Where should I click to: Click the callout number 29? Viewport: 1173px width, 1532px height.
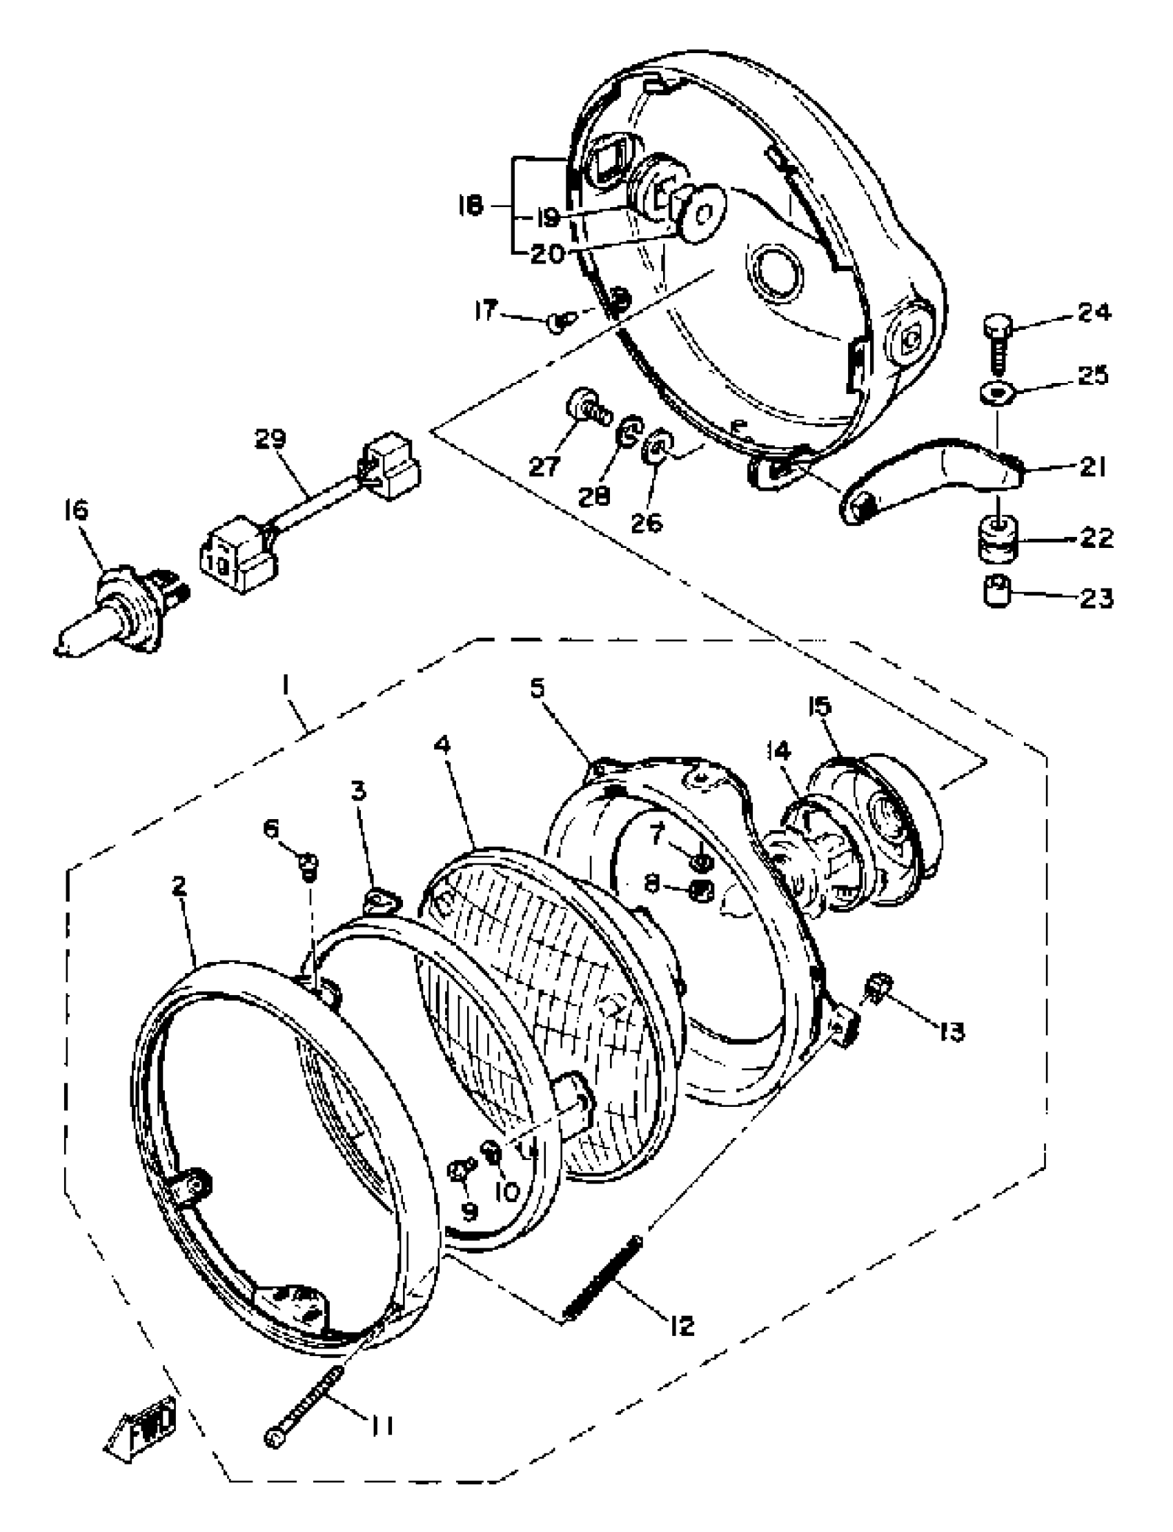(270, 439)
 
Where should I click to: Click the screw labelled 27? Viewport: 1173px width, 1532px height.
(584, 406)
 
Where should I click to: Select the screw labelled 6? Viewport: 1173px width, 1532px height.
(308, 866)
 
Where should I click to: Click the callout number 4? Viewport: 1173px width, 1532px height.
(442, 746)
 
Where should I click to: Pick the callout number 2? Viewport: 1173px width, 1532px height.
(179, 887)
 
